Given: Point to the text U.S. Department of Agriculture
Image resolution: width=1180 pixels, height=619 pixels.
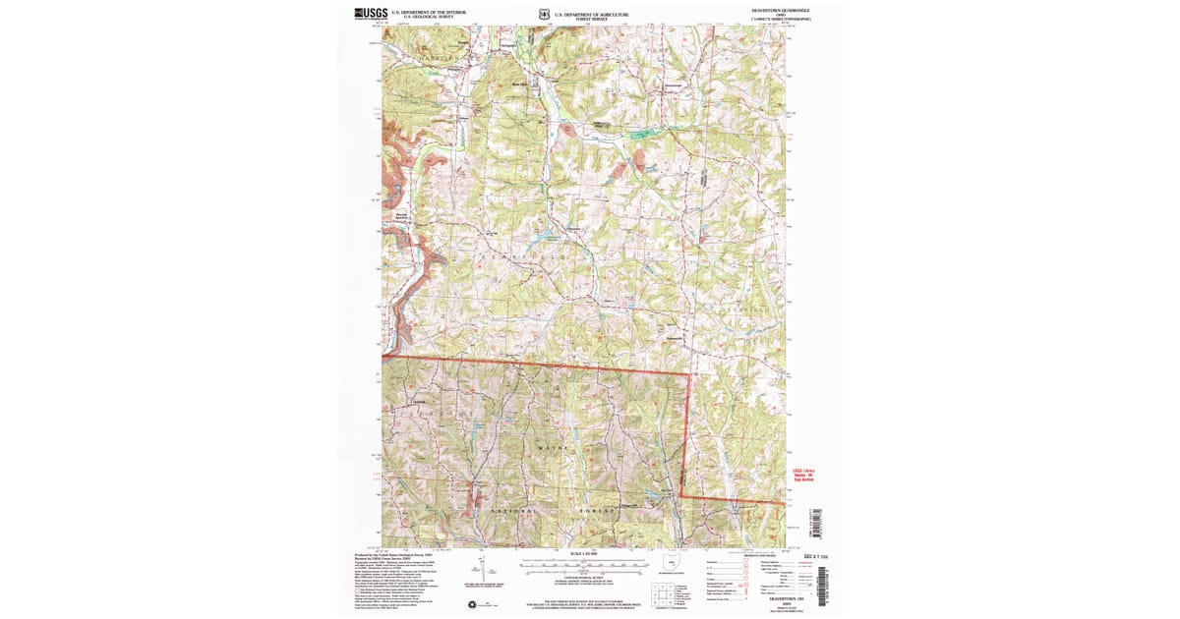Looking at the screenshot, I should [591, 14].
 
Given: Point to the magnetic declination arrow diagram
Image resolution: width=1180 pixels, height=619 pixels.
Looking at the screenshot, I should [479, 569].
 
